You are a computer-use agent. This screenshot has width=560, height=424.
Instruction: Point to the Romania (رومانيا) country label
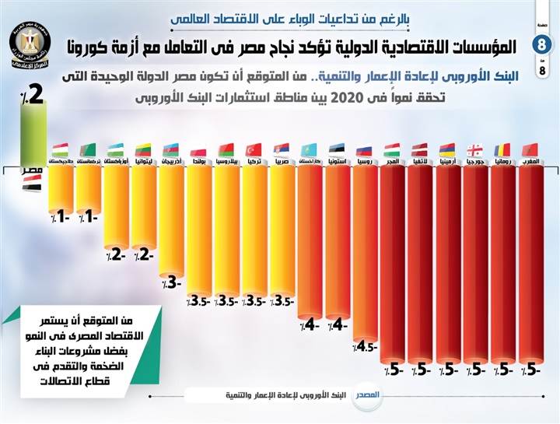click(503, 160)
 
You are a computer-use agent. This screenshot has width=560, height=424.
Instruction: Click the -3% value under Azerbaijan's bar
click(173, 282)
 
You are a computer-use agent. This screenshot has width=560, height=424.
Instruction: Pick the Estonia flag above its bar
click(337, 149)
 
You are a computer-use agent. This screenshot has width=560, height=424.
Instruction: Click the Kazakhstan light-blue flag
click(310, 149)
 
